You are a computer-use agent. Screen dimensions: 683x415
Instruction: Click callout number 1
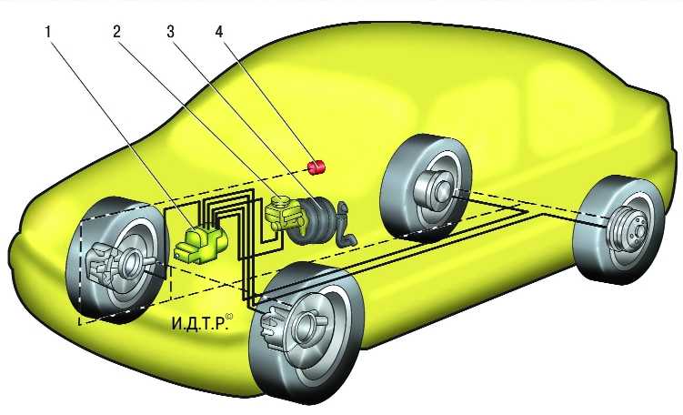[x=49, y=32]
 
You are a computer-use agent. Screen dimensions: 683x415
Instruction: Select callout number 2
[x=116, y=32]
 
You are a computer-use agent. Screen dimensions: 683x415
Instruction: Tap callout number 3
[x=170, y=32]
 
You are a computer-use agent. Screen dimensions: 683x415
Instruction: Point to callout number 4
[x=218, y=32]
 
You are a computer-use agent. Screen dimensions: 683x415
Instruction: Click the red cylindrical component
[x=317, y=167]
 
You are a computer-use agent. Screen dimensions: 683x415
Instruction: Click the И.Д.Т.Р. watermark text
[x=199, y=323]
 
